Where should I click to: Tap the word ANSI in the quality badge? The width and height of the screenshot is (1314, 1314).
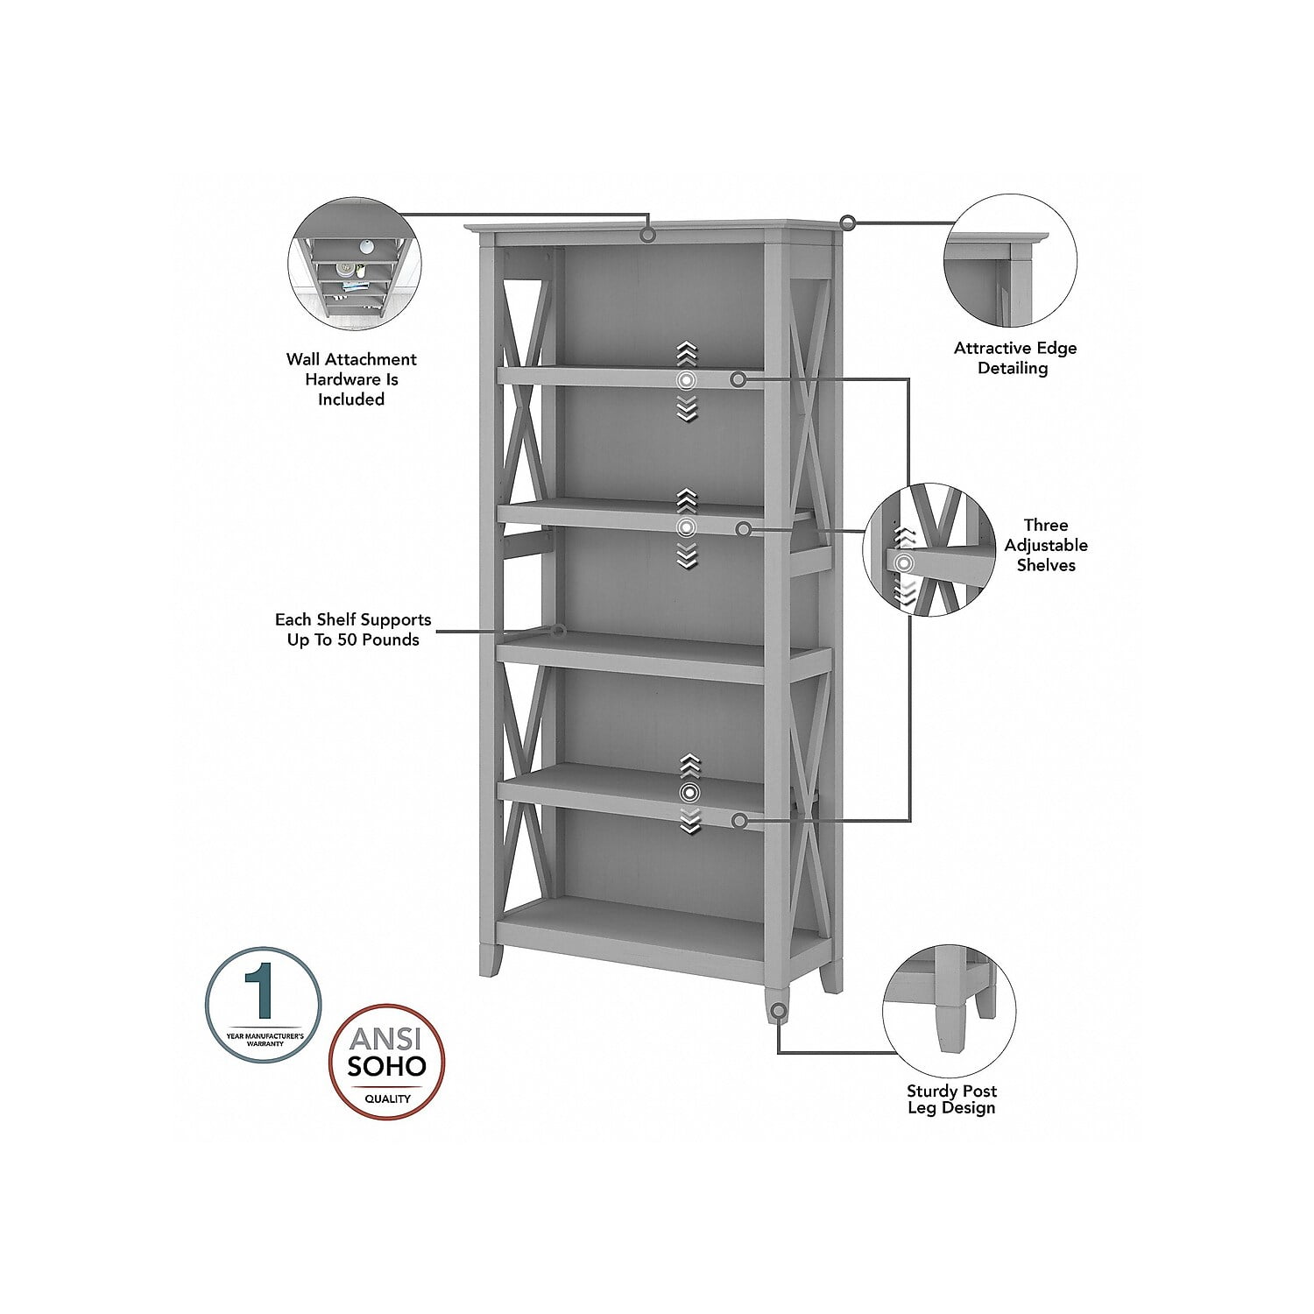coord(385,1038)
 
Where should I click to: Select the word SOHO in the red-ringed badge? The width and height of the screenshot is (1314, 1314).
coord(386,1065)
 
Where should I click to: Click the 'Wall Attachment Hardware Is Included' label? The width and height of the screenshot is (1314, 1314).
coord(351,379)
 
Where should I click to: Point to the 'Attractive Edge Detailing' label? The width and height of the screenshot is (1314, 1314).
coord(1014,357)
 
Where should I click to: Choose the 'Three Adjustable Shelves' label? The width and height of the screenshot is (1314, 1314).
coord(1045,545)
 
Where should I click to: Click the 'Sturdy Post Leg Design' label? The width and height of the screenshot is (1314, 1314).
coord(951,1099)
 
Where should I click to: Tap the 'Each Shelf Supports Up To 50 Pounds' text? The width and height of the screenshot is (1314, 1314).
coord(353,630)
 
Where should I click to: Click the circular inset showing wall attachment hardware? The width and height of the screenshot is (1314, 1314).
coord(354,264)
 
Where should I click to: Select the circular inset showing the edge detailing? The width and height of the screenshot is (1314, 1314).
coord(1010,261)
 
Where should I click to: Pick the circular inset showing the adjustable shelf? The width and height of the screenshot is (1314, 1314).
coord(929,549)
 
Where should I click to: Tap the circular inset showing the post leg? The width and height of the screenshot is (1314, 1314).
coord(950,1011)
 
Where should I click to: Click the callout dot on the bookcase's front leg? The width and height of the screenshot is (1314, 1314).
coord(778,1011)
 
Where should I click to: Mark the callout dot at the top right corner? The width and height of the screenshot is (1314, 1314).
coord(847,223)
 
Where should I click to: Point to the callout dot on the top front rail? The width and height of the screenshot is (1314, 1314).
coord(648,235)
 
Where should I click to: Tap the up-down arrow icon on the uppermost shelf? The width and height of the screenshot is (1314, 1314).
coord(687,382)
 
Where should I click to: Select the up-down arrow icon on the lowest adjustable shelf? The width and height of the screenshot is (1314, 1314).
coord(690,793)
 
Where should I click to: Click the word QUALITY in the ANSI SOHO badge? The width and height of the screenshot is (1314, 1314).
coord(387,1099)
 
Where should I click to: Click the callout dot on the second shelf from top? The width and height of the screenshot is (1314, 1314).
coord(744,529)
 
